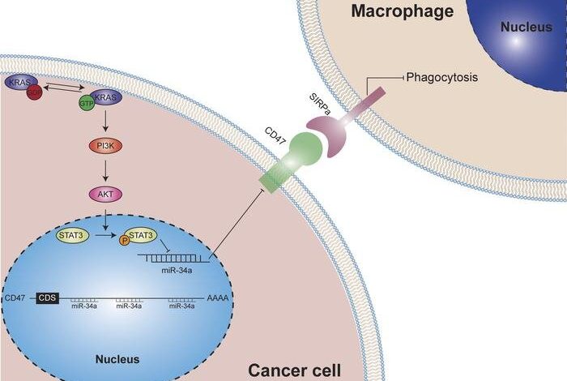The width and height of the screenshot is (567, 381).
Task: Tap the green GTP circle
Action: coord(83,104)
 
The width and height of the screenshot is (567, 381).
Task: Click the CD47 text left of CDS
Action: coord(15,298)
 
